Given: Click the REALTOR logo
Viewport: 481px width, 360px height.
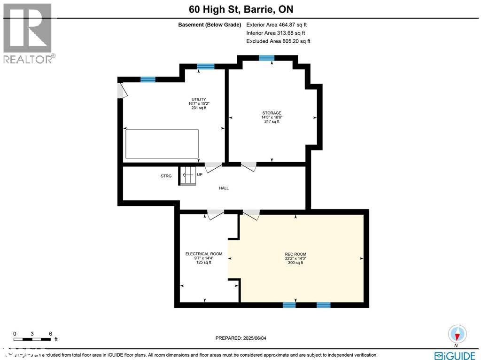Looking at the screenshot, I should tap(28, 33).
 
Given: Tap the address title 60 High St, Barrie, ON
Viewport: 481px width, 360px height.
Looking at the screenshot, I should tap(240, 9).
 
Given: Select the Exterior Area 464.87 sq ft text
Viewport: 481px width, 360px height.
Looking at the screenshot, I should tap(277, 25).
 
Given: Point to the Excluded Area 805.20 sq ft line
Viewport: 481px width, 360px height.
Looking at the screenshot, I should tap(278, 41).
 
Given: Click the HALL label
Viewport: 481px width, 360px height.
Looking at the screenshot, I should tap(224, 188).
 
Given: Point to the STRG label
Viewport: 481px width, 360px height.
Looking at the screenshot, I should tap(166, 176).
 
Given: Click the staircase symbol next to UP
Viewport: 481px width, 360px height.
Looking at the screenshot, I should tap(188, 176).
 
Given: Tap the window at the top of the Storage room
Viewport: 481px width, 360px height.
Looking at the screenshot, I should tap(266, 58).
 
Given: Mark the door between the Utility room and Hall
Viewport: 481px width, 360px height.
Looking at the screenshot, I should tap(213, 166).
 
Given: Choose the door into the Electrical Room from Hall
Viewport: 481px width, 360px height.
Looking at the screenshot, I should tap(216, 213).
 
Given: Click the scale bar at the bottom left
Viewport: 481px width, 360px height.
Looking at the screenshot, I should tap(32, 338).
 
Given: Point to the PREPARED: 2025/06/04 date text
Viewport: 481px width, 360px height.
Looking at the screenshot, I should tap(240, 338).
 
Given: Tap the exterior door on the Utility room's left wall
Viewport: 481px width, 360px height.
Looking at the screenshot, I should tap(122, 90).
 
